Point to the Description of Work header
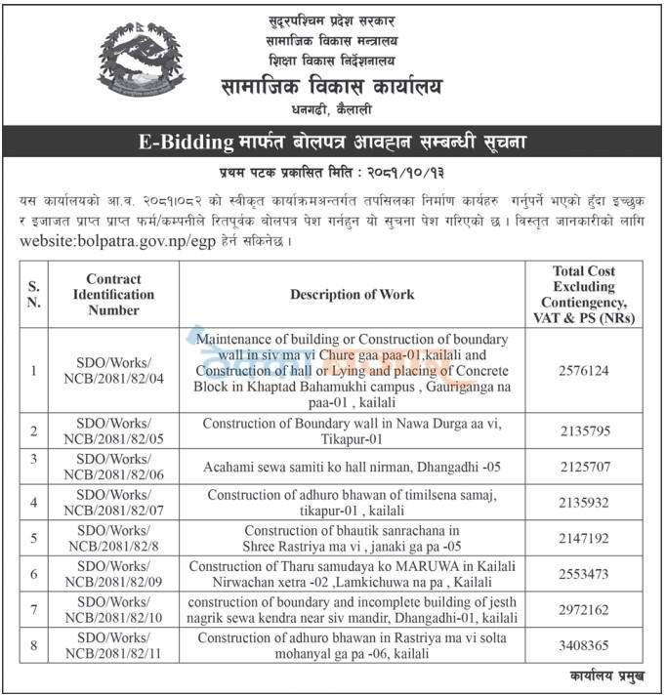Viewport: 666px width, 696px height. (352, 294)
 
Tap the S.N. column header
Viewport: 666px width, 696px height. (35, 294)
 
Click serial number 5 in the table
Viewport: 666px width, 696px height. (35, 538)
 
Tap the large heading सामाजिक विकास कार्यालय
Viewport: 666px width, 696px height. (331, 87)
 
